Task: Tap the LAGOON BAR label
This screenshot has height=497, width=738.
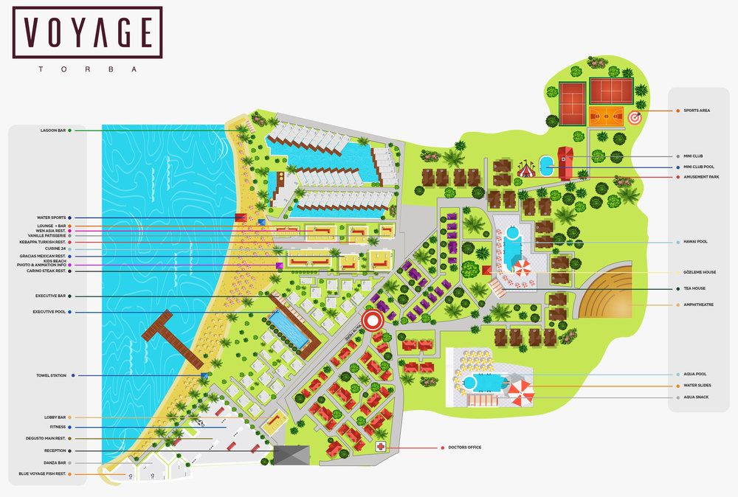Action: pos(53,131)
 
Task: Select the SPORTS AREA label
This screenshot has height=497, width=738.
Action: pos(697,111)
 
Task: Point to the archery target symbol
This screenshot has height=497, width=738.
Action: pos(635,117)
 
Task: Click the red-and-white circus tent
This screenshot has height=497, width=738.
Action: pos(525,169)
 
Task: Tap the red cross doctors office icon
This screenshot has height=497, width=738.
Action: pos(381,447)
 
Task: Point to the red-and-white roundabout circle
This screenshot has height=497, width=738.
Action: pos(373,320)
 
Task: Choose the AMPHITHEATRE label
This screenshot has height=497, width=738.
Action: pos(698,305)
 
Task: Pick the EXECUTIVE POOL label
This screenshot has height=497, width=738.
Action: pos(49,312)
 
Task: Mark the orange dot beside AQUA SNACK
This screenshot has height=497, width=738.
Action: pos(677,397)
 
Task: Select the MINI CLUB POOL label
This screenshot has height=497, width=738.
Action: pos(699,167)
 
